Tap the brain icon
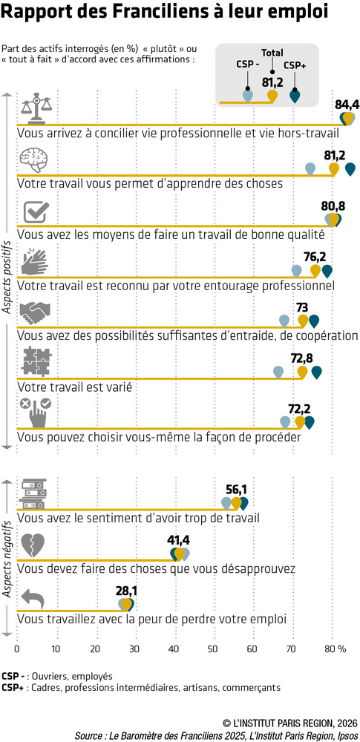click(x=35, y=160)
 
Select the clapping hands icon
click(x=35, y=262)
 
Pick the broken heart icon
click(x=34, y=546)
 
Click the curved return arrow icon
click(x=33, y=599)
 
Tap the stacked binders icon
click(x=33, y=494)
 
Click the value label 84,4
click(x=347, y=105)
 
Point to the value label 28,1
click(x=126, y=591)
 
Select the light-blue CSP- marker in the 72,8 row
click(x=278, y=372)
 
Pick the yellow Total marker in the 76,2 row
click(x=315, y=271)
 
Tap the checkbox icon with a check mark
click(x=36, y=211)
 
